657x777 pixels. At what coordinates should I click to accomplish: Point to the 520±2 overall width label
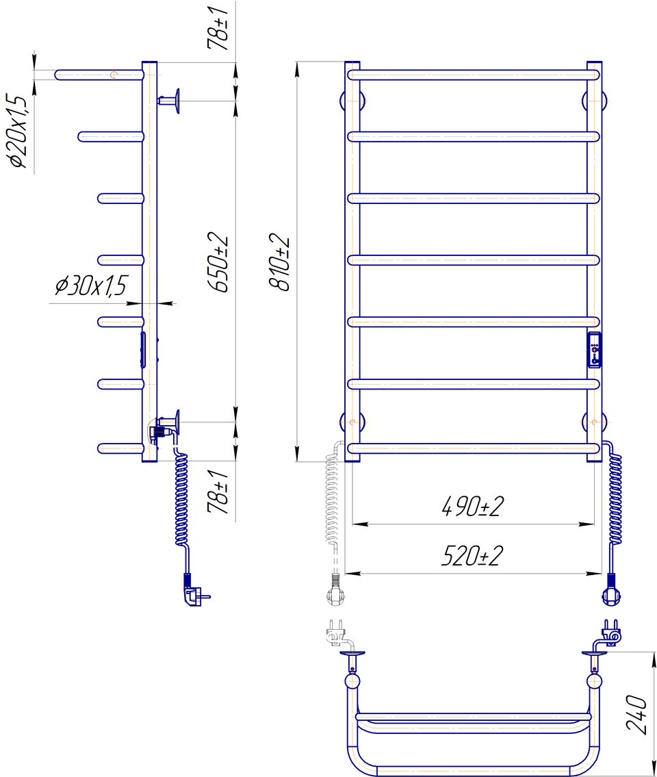tap(472, 555)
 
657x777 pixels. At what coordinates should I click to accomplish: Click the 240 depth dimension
tap(636, 714)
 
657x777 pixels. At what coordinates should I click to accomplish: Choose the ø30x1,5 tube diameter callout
tap(90, 285)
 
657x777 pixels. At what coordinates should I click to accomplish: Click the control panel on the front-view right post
tap(594, 350)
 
